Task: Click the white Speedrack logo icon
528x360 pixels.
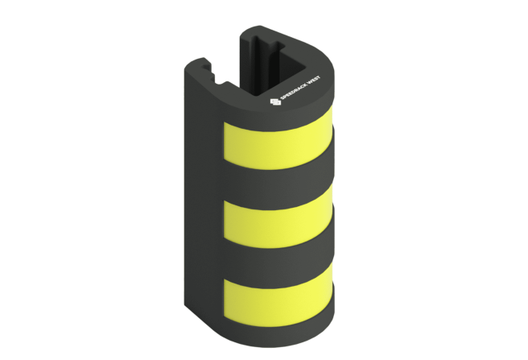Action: pos(275,101)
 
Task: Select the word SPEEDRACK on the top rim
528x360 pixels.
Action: pos(292,90)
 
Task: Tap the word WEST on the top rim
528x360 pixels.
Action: pos(313,81)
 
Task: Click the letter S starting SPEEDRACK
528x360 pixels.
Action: pos(283,97)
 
